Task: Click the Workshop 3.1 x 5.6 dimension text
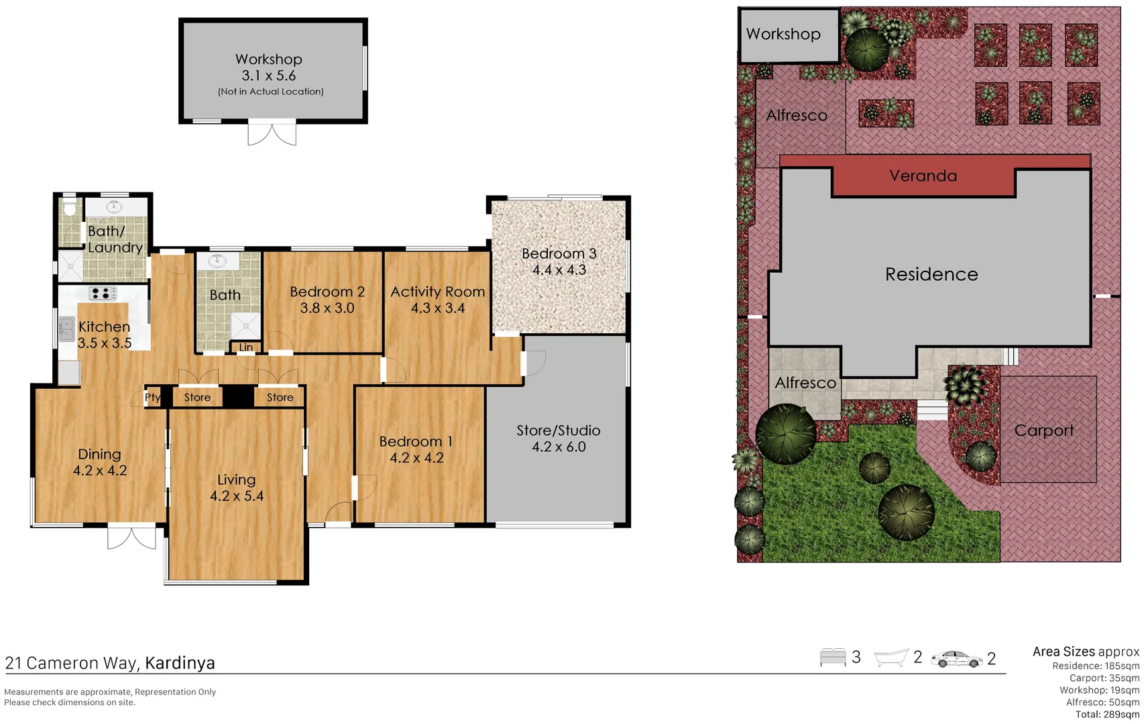pos(268,76)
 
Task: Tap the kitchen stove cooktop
pos(103,293)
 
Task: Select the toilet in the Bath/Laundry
pos(69,208)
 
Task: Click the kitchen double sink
pos(66,329)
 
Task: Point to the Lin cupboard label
pos(246,347)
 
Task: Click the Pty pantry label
pos(152,397)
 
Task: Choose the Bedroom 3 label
pos(559,253)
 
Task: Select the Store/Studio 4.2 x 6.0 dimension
pos(559,447)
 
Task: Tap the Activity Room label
pos(437,292)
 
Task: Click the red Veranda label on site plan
pos(923,176)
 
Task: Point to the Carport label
pos(1043,430)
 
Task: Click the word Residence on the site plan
pos(931,274)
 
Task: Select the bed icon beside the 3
pos(832,657)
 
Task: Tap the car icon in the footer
pos(956,659)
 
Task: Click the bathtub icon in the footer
pos(891,658)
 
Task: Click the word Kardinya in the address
pos(180,663)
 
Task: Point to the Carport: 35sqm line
pos(1104,678)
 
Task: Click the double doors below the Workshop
pos(272,133)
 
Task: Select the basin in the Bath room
pos(217,260)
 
